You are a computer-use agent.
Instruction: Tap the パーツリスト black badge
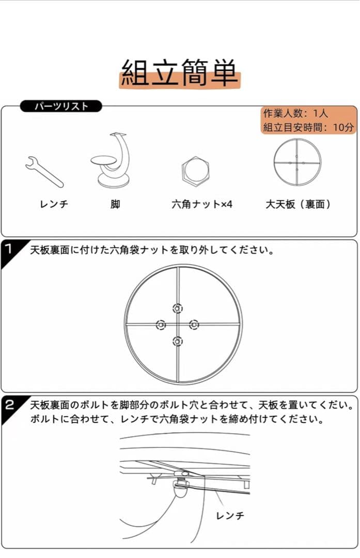click(x=61, y=106)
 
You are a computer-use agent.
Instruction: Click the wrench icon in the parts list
click(x=44, y=171)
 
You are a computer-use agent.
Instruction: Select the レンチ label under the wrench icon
click(x=54, y=204)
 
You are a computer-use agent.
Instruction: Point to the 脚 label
click(x=115, y=204)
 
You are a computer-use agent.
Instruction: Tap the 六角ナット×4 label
click(x=202, y=204)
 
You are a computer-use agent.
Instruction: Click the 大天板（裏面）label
click(x=298, y=204)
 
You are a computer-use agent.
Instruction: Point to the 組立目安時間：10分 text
click(x=308, y=127)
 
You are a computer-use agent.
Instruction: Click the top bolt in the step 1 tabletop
click(x=178, y=308)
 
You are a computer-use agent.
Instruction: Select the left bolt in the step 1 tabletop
click(x=161, y=324)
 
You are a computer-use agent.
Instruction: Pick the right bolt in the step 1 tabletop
click(x=194, y=324)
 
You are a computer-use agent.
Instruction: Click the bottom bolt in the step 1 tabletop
click(x=178, y=341)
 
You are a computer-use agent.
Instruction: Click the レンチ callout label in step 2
click(x=230, y=516)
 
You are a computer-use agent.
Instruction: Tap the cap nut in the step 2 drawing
click(x=181, y=489)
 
